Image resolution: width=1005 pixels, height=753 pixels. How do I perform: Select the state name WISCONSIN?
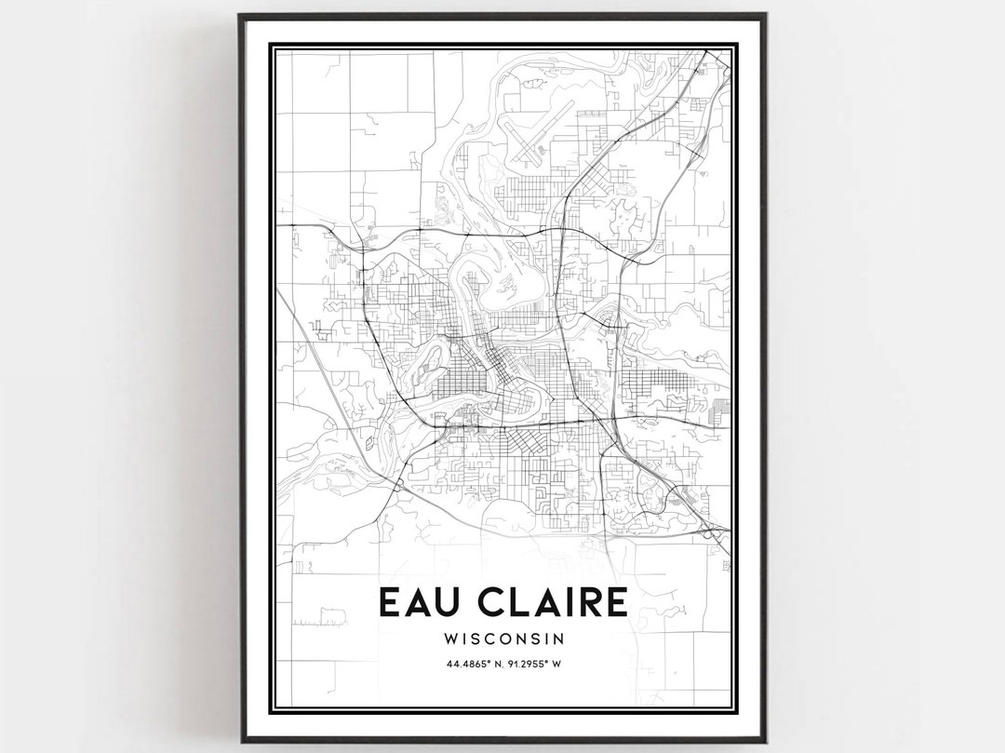point(504,639)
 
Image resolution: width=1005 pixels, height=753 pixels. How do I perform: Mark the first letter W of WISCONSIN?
point(452,639)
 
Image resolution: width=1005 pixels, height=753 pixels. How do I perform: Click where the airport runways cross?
point(535,147)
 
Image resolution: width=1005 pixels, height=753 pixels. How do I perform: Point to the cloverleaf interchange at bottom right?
point(712,531)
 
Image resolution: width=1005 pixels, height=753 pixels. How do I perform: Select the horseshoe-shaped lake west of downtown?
point(430,361)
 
